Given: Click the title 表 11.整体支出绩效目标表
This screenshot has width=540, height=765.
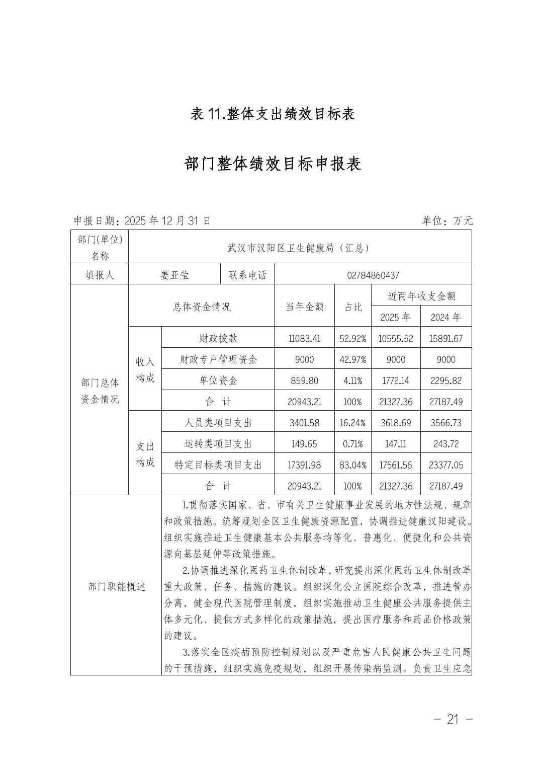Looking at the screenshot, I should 273,114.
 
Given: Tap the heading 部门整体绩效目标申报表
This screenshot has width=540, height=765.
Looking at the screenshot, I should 273,164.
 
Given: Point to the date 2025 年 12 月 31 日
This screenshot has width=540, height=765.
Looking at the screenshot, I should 167,220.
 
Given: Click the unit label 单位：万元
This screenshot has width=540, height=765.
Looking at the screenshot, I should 447,220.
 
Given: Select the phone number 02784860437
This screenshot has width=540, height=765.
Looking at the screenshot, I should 373,275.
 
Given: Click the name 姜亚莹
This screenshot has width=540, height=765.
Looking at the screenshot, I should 174,275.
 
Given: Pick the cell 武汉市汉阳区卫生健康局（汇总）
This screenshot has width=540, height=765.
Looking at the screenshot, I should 299,248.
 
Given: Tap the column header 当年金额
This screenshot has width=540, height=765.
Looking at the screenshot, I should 304,307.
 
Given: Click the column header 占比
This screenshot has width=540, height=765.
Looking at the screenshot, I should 352,307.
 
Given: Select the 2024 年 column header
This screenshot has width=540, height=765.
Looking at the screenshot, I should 446,317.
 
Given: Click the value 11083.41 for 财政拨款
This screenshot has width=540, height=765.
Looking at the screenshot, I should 304,338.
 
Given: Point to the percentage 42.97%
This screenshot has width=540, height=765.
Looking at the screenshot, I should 352,359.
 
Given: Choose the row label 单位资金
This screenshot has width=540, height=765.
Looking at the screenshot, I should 218,380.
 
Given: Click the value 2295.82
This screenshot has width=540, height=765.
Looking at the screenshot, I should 446,380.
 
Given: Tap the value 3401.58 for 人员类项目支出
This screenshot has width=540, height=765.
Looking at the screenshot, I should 304,423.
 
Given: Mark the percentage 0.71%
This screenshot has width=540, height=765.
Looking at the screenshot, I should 352,444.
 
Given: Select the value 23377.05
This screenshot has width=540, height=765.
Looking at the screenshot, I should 446,465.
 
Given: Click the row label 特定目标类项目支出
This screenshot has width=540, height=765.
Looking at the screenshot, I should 218,465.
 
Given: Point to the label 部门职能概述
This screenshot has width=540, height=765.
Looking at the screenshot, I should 116,586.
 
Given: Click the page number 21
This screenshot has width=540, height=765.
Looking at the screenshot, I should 453,719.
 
